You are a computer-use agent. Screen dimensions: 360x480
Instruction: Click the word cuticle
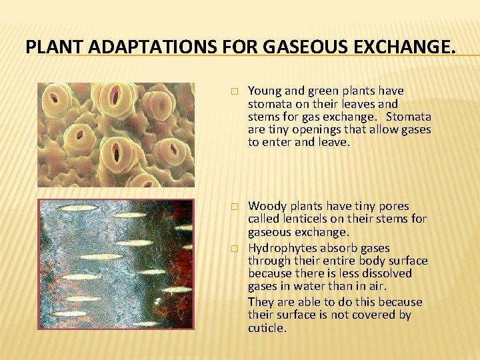(x=267, y=327)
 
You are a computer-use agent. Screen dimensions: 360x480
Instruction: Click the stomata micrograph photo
(x=115, y=135)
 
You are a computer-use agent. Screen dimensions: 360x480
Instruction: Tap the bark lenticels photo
(x=115, y=264)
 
